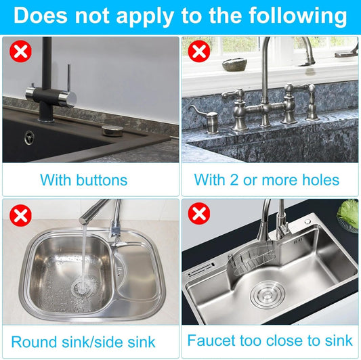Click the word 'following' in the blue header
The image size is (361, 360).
(x=297, y=16)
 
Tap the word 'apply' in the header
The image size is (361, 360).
(x=145, y=16)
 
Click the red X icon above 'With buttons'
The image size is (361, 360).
(x=20, y=51)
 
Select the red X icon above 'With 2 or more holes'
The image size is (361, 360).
(x=199, y=51)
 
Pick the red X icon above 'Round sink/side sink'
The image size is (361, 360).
(x=20, y=216)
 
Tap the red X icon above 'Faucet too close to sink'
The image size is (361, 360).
(x=199, y=213)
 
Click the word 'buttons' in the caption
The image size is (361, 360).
(x=102, y=179)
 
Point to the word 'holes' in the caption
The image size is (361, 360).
(x=320, y=179)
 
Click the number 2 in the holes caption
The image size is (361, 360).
(x=234, y=179)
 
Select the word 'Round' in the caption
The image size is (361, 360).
(x=35, y=342)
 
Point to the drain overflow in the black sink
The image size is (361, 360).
(x=29, y=137)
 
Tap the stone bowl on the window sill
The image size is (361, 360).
(x=234, y=65)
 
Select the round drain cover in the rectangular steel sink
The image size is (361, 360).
(x=268, y=294)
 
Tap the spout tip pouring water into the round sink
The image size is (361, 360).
(x=84, y=221)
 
